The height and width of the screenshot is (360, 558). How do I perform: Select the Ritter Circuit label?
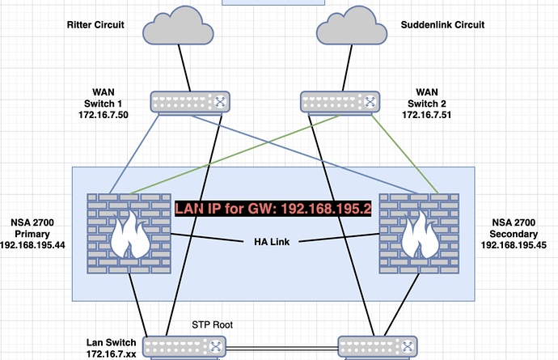tap(95, 25)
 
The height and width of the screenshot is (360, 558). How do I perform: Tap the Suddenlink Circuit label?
tap(442, 25)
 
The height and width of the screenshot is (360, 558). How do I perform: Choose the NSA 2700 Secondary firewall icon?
tap(419, 228)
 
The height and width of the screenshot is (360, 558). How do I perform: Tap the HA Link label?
tap(271, 241)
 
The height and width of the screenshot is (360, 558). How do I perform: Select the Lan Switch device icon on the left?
tap(185, 347)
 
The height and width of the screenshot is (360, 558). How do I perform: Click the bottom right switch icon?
tap(378, 347)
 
